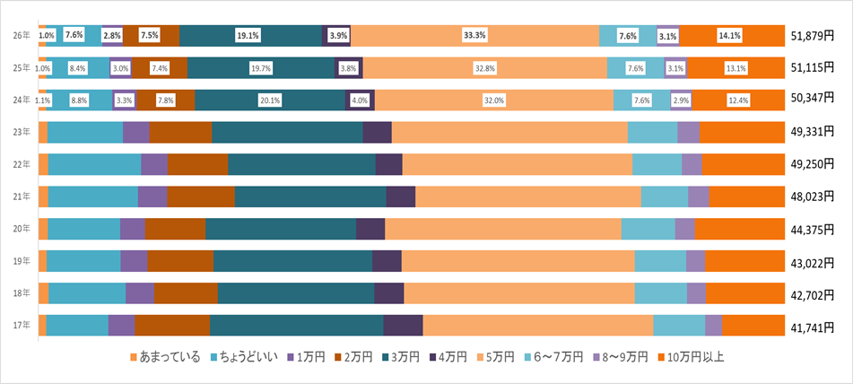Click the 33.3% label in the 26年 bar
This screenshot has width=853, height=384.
(x=474, y=36)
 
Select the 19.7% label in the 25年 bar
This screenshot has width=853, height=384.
(x=260, y=68)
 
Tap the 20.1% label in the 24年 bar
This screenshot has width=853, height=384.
(x=269, y=100)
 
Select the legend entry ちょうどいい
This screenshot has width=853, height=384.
(x=244, y=357)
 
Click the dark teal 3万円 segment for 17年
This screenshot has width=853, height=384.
(x=296, y=326)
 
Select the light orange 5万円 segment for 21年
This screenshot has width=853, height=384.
(x=527, y=196)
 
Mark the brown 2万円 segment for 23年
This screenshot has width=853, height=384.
(x=180, y=132)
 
